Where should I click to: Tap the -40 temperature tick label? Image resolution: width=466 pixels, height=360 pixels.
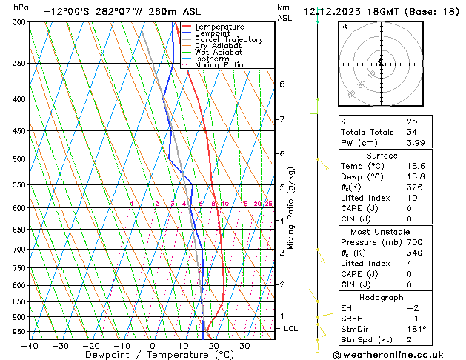(x=30, y=346)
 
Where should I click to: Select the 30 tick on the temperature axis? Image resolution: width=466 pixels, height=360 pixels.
(x=244, y=346)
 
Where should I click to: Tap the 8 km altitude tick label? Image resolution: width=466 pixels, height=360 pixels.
(x=282, y=84)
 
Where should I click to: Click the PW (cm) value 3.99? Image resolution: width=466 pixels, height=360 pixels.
(x=416, y=143)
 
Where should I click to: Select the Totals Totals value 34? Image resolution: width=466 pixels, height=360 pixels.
(x=411, y=132)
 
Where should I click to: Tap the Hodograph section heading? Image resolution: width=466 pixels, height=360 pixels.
(x=381, y=297)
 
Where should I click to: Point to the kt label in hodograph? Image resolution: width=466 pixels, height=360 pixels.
(x=344, y=26)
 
